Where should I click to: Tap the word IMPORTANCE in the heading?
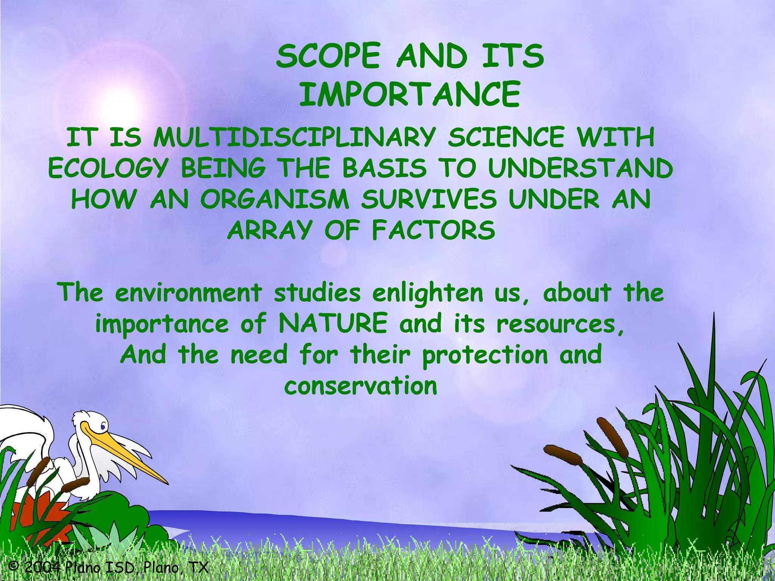[410, 94]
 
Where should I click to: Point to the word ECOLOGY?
[108, 168]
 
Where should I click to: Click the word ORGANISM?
[274, 199]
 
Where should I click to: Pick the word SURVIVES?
[428, 199]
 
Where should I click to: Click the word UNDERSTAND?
[580, 168]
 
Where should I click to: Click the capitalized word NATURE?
[333, 323]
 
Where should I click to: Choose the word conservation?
[361, 386]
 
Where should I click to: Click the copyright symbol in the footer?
[14, 566]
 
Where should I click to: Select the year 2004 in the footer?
[42, 567]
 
